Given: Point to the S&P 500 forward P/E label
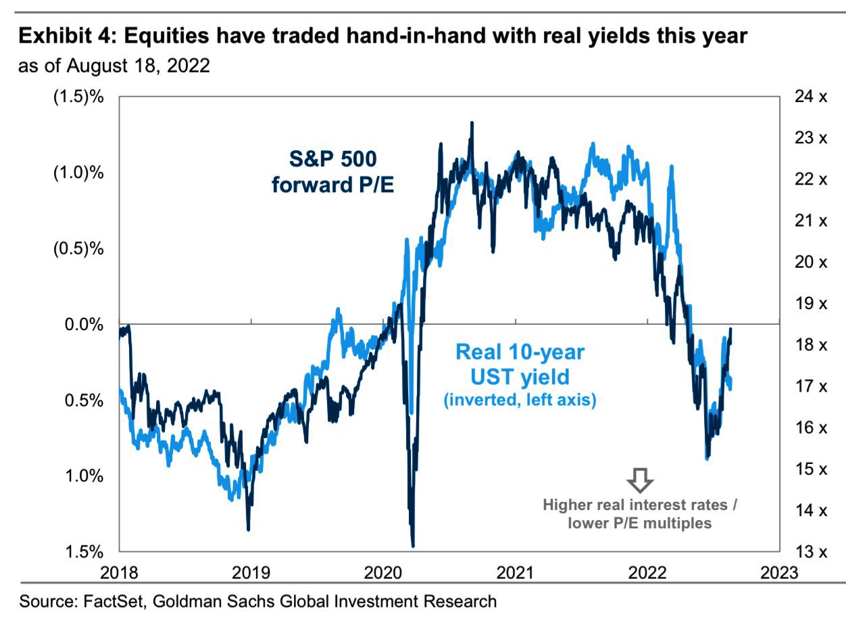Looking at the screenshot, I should point(333,171).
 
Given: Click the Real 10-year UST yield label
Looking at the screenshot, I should point(520,363).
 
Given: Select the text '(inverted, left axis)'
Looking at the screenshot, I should point(520,400).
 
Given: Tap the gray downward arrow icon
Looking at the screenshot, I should point(640,480).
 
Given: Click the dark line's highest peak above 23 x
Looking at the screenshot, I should point(472,124).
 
